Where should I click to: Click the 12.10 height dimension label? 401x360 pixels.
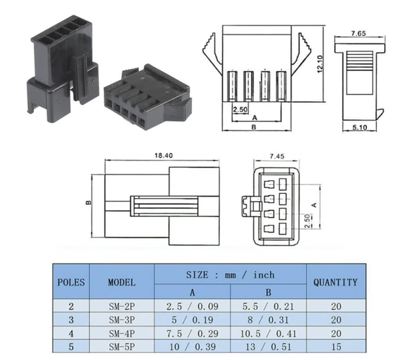320,64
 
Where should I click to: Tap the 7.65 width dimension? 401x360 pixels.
358,33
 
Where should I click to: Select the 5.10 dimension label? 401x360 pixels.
360,127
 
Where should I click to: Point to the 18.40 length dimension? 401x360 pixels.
164,155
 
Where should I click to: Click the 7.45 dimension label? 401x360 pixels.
277,156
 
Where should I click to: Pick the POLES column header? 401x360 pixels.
71,282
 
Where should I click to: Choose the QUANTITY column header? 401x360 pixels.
336,282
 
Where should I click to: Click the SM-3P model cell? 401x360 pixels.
122,320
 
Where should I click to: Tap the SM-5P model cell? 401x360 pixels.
122,347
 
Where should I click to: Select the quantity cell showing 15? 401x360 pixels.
336,347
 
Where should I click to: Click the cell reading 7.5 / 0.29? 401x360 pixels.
192,333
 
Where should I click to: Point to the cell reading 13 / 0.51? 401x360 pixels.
269,347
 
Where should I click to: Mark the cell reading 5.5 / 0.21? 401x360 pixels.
269,306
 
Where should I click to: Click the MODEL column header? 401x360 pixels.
122,282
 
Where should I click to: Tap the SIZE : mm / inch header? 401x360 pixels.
230,275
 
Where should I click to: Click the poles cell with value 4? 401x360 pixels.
71,333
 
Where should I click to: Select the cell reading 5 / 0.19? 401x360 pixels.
192,320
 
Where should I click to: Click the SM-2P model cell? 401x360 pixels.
122,306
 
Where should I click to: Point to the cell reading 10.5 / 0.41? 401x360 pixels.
269,333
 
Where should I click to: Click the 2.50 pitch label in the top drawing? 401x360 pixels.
241,110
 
